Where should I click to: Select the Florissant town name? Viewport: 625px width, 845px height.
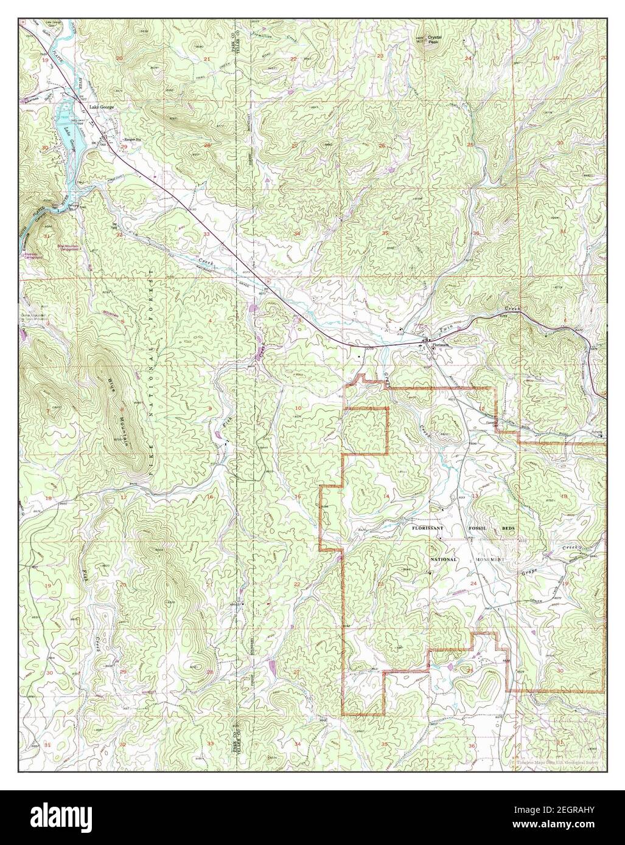pyautogui.click(x=440, y=345)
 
